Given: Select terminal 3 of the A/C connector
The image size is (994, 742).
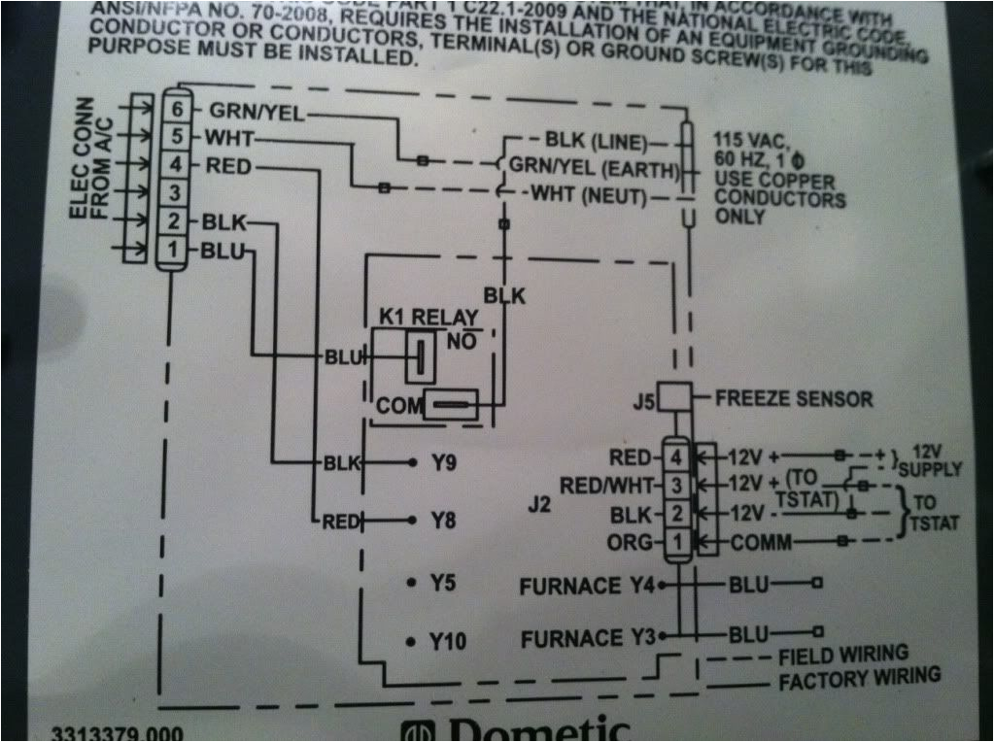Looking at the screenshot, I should [172, 191].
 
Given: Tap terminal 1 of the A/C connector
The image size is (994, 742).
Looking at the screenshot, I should [172, 252].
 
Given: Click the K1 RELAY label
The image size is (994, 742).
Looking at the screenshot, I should [428, 319].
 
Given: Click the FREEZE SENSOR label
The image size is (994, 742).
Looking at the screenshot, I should [794, 398].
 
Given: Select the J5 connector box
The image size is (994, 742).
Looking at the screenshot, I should [674, 397].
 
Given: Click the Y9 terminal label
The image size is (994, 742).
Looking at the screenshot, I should [443, 463].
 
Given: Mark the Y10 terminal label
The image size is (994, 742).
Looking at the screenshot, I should [448, 642].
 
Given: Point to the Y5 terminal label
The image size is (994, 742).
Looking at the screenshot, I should [443, 584].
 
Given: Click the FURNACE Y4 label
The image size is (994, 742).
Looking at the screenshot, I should [588, 586].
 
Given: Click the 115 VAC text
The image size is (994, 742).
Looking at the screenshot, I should [754, 138].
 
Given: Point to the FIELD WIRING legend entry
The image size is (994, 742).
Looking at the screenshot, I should [842, 654].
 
